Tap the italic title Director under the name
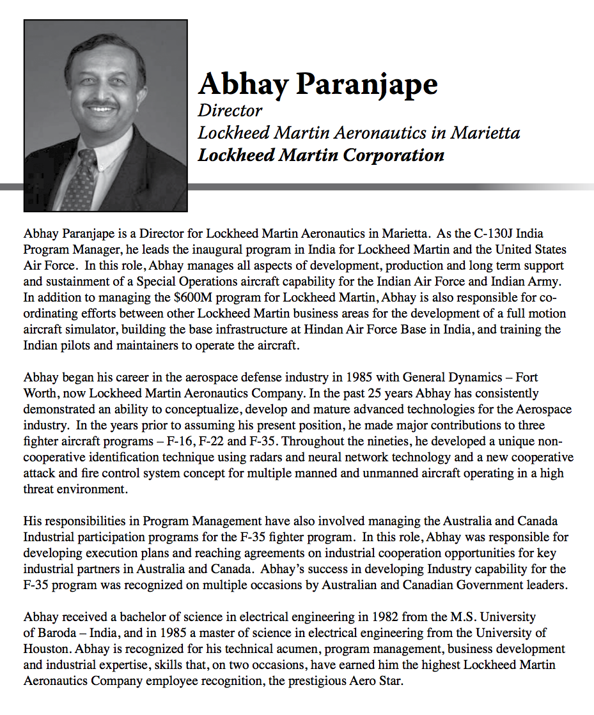[230, 111]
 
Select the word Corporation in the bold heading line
[393, 155]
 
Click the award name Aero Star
[378, 680]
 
